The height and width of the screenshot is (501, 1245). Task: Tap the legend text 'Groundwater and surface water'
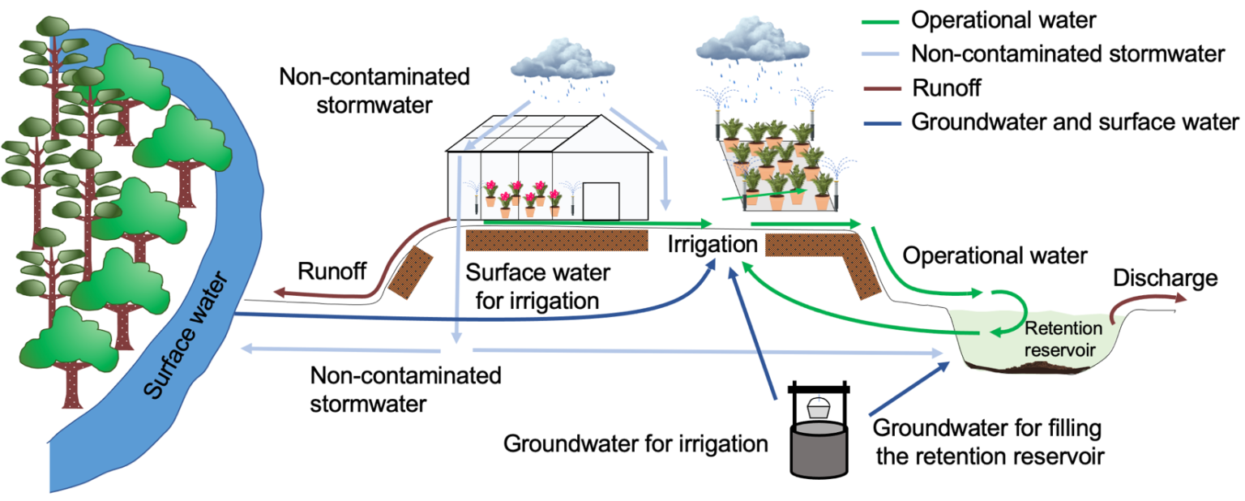[1075, 122]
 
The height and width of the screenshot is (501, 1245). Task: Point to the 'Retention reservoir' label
[1063, 339]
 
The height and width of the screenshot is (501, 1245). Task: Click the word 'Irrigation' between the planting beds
[712, 244]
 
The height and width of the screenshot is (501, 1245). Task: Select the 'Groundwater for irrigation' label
[635, 443]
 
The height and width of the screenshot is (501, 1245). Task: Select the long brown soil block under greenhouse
[557, 240]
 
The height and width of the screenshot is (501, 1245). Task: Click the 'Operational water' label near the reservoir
[995, 256]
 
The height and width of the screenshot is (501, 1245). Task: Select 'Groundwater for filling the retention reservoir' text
[988, 441]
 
